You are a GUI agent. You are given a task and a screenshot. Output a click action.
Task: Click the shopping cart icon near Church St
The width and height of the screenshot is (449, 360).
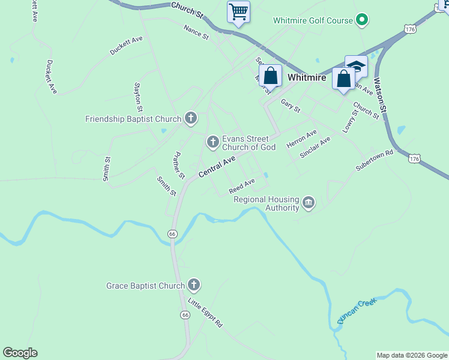(239, 12)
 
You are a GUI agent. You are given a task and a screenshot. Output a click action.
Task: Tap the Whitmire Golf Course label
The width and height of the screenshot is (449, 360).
(313, 20)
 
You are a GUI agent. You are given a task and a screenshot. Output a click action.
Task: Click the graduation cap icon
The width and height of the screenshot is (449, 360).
(356, 65)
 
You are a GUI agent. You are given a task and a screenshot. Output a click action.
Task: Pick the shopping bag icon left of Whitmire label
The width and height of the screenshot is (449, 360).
(271, 76)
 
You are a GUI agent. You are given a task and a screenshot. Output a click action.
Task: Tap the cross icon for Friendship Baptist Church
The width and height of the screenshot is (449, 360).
(191, 118)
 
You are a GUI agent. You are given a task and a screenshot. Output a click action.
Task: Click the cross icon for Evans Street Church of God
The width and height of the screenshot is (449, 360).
(212, 142)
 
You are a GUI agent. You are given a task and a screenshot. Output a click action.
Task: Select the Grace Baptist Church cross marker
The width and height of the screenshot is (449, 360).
(193, 285)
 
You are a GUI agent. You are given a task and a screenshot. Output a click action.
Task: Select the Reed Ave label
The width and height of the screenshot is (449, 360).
(242, 186)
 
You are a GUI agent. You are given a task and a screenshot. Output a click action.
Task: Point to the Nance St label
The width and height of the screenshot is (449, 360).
(196, 32)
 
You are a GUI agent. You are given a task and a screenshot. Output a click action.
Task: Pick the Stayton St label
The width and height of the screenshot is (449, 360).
(138, 98)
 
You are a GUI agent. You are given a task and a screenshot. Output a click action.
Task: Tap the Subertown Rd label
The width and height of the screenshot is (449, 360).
(373, 161)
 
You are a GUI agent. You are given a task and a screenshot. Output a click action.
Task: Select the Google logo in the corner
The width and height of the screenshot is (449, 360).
(20, 353)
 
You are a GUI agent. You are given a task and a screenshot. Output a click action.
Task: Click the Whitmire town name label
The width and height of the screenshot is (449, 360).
(307, 78)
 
